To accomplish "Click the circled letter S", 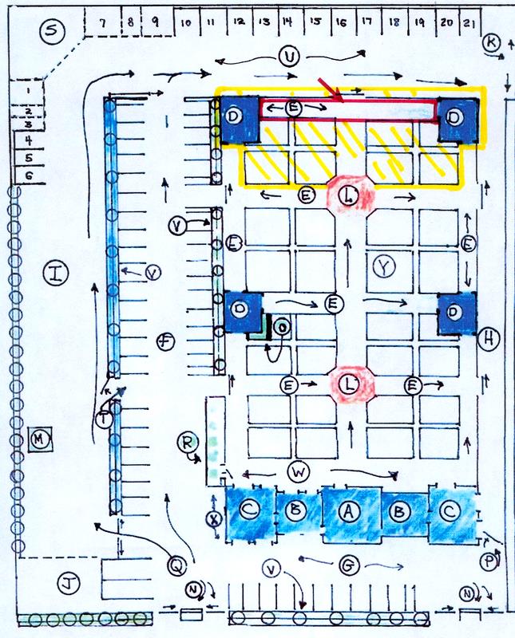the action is [x=52, y=32].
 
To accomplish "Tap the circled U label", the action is [x=289, y=56].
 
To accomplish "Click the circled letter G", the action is [x=347, y=566].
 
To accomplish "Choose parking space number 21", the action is [x=469, y=23].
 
